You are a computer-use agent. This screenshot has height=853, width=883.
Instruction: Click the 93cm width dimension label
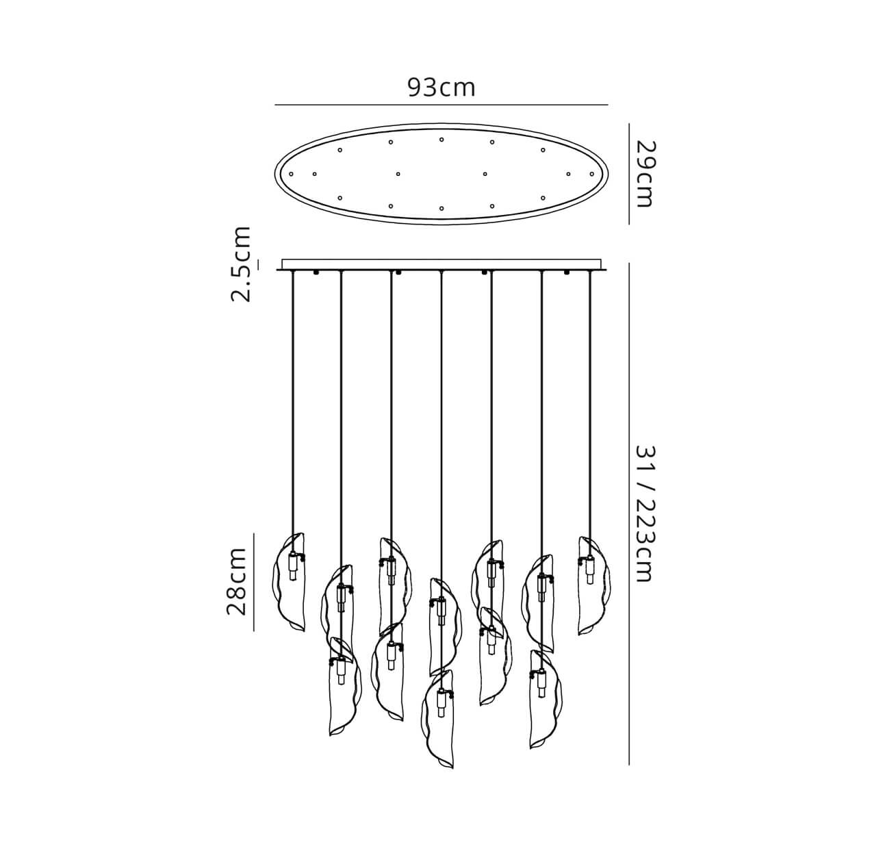[x=441, y=88]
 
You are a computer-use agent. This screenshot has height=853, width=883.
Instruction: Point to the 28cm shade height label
[x=236, y=582]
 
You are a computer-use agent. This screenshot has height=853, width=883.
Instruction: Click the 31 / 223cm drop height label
[x=643, y=513]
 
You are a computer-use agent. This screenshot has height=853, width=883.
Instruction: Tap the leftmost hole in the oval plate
[x=292, y=174]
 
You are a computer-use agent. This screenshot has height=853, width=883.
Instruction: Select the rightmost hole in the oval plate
[x=591, y=174]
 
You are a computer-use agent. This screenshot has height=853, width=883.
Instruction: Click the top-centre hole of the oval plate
[x=441, y=139]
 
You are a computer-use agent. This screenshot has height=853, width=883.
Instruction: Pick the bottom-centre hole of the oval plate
[x=441, y=208]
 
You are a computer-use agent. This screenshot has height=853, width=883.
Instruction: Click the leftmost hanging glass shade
[x=290, y=582]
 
